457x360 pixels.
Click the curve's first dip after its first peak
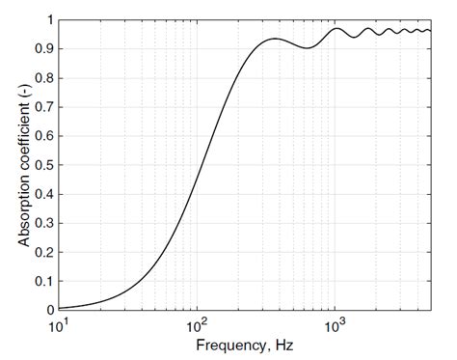[308, 48]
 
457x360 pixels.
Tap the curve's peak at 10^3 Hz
[336, 28]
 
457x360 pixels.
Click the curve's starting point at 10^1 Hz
[60, 307]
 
